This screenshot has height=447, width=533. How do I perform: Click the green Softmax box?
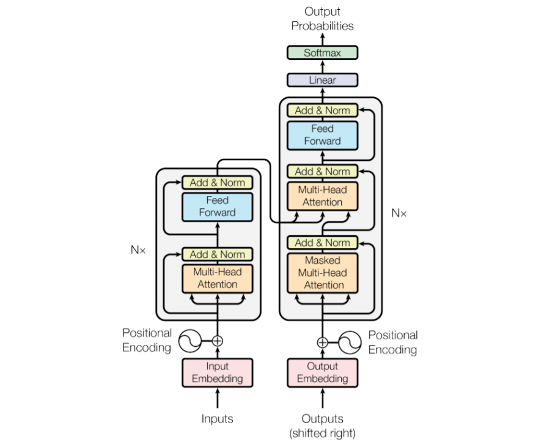coord(322,53)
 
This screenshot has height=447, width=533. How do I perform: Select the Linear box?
coord(322,80)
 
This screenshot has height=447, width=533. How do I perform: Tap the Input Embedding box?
coord(218,372)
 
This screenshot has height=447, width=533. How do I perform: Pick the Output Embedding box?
coord(322,372)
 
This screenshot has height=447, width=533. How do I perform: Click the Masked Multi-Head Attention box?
coord(322,273)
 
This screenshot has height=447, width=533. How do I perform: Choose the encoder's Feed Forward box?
coord(218,207)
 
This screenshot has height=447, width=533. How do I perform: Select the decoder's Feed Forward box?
coord(322,135)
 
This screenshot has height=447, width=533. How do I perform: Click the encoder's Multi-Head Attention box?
coord(218,278)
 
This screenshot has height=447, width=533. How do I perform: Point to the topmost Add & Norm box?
coord(322,111)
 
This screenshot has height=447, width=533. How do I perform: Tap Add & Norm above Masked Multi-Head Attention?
coord(322,242)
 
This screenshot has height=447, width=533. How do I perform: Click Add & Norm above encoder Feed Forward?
coord(218,183)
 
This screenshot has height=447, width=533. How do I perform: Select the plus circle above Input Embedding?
coord(218,341)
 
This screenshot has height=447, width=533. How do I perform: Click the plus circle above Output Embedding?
coord(322,343)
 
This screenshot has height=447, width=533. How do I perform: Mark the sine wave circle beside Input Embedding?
coord(190,341)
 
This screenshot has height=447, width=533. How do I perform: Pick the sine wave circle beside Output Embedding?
coord(350,343)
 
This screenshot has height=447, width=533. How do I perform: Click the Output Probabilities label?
coord(322,19)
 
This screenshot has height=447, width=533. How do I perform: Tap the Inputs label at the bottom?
coord(217,419)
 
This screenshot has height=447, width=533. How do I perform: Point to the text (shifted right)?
coord(322,434)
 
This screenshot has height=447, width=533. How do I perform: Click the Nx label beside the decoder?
coord(399,213)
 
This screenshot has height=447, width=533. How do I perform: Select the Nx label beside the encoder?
coord(138,250)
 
